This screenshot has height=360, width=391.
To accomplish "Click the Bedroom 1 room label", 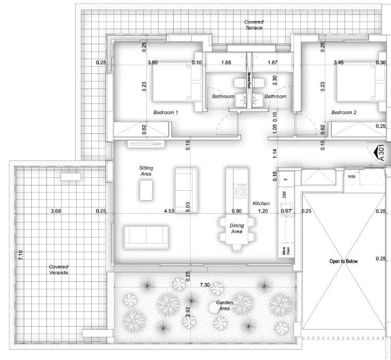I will click(166, 113).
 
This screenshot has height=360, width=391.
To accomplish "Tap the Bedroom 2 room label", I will click(344, 113).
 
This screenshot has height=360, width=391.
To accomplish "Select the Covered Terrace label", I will click(254, 25).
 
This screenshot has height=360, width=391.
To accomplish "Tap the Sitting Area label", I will click(145, 171).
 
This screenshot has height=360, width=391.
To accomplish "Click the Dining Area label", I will click(237, 228).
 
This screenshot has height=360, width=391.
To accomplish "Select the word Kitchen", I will click(261, 203).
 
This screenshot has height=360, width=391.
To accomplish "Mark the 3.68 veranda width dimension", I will click(56, 211).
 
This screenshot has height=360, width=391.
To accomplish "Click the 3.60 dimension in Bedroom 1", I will click(153, 63).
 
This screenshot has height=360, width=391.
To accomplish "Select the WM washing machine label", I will click(351, 177).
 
